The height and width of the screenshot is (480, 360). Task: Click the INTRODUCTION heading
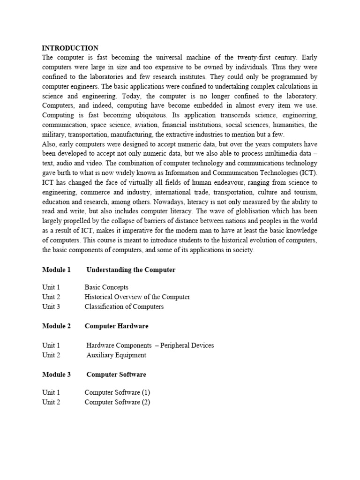70,48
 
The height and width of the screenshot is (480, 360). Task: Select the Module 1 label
56,270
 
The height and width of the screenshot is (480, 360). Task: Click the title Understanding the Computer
131,270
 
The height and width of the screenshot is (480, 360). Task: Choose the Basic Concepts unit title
106,287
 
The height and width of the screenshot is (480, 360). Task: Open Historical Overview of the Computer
137,297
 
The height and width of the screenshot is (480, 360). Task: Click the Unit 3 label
51,307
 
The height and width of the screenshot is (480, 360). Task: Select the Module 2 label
56,326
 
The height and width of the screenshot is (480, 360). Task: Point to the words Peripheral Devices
187,345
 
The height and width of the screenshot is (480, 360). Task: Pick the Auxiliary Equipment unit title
116,355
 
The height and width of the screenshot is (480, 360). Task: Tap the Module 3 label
56,375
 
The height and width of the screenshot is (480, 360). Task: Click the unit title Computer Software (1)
117,392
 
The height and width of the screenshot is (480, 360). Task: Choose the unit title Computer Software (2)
117,402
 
